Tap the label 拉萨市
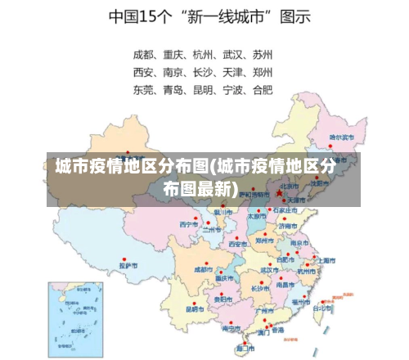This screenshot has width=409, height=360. [128, 265]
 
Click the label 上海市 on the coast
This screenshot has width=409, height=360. [326, 259]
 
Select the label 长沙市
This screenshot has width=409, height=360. [260, 288]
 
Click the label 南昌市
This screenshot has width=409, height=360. [285, 285]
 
